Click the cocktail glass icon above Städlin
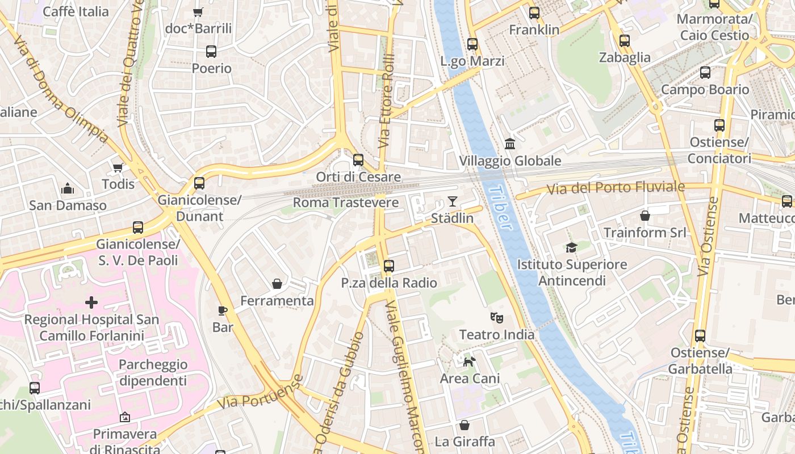[x=452, y=201]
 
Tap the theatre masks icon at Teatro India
[x=497, y=317]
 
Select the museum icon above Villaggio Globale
[x=509, y=144]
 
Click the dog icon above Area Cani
[x=469, y=361]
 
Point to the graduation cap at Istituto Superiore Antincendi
[x=571, y=247]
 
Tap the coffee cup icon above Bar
[x=223, y=310]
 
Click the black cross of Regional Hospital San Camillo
[x=91, y=302]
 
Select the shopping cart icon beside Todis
[x=118, y=167]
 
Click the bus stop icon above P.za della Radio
[x=388, y=266]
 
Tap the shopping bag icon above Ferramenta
[x=277, y=283]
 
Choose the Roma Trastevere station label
[x=345, y=203]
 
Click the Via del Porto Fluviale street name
[x=616, y=187]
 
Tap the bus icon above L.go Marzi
[x=472, y=44]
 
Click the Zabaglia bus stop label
[x=625, y=57]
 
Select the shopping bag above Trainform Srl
[x=645, y=216]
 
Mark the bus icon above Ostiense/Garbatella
[x=700, y=335]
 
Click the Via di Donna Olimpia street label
[x=60, y=89]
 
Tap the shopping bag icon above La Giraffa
[x=464, y=424]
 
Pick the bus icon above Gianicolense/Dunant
[x=199, y=183]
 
